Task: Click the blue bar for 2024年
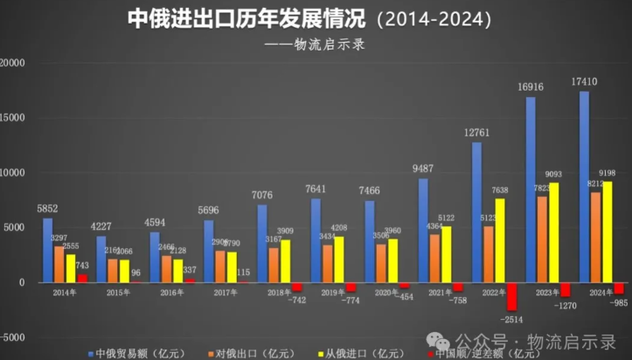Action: (584, 187)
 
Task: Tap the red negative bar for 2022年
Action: (511, 296)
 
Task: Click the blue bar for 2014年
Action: (47, 250)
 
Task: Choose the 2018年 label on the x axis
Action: (280, 293)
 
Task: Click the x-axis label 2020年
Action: (386, 293)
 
